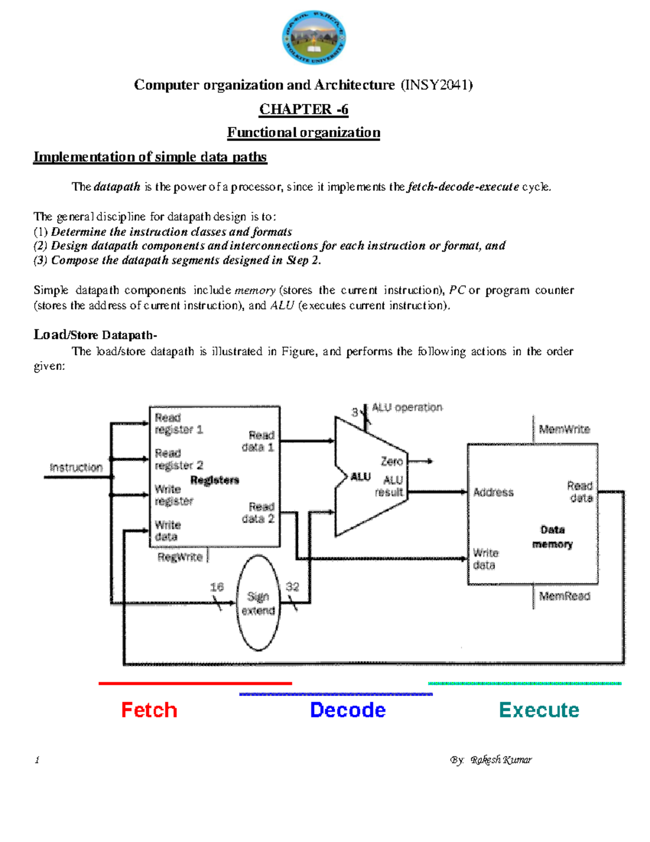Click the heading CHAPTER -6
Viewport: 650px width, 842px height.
(x=303, y=110)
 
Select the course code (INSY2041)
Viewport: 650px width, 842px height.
(x=437, y=85)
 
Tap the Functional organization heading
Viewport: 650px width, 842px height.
(x=303, y=133)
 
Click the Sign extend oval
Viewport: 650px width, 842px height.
(x=258, y=603)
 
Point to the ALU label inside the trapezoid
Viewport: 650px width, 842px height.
(x=360, y=477)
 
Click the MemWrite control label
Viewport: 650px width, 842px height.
(x=564, y=429)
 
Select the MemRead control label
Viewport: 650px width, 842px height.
(x=564, y=596)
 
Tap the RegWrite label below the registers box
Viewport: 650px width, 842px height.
(x=180, y=557)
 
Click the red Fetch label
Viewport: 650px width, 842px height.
(x=149, y=710)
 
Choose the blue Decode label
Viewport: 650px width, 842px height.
(x=348, y=710)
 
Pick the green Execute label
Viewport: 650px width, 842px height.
(x=539, y=710)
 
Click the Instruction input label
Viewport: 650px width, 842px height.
(x=76, y=467)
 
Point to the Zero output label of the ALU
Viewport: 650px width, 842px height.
(x=392, y=461)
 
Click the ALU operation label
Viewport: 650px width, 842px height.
(x=407, y=407)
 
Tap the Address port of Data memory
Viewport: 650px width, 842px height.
(x=493, y=492)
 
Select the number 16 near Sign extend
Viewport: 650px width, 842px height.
(x=217, y=587)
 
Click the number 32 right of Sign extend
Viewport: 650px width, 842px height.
(x=292, y=587)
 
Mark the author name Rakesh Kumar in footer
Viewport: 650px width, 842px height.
(x=501, y=760)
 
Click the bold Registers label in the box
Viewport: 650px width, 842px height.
(x=214, y=480)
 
